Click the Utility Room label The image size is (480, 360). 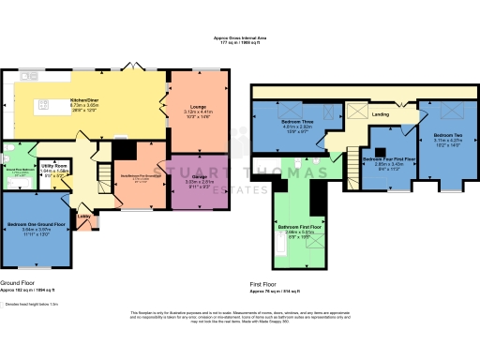coord(54,166)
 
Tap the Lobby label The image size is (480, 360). coord(84,217)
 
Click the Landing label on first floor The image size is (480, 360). coord(380,114)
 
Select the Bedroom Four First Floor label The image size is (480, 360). coord(388,160)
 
